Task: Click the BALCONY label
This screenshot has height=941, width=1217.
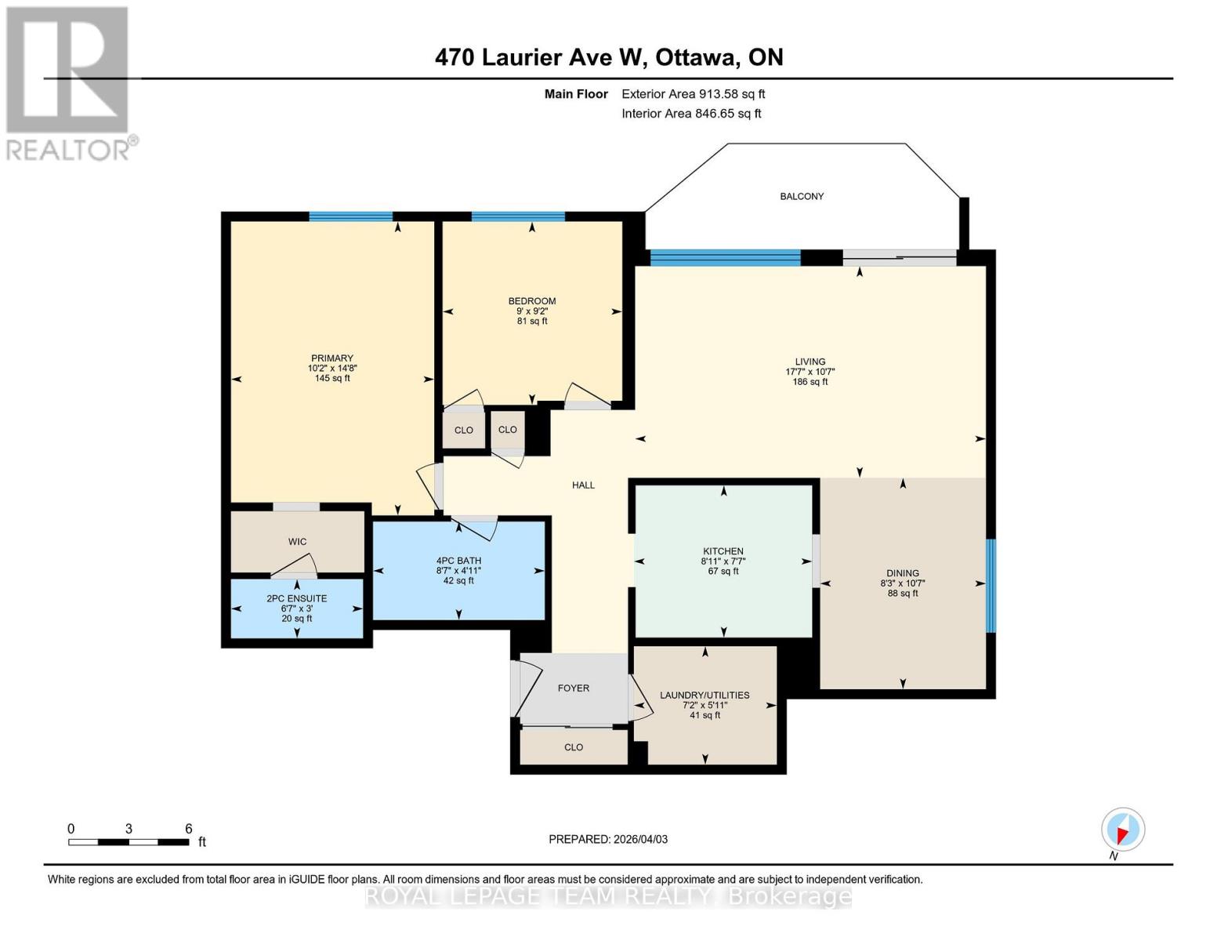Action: (802, 196)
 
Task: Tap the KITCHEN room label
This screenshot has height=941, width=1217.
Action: (723, 551)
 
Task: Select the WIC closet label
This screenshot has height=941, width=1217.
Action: (297, 542)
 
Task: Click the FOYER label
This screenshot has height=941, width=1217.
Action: (573, 688)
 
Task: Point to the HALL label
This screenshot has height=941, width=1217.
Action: (583, 485)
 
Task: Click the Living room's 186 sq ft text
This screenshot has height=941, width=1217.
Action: (810, 382)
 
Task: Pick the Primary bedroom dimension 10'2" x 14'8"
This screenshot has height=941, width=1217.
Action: (332, 368)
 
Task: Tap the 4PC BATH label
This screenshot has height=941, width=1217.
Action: (458, 561)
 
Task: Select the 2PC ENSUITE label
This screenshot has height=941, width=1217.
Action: (296, 598)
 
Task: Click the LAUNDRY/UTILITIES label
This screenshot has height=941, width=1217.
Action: (704, 695)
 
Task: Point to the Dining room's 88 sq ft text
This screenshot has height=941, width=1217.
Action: (903, 594)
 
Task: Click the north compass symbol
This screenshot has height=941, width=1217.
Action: (1122, 830)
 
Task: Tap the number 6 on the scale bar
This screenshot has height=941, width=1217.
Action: (188, 829)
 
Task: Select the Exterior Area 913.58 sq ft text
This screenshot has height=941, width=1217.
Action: (693, 94)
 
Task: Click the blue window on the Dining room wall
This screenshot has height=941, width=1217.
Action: (990, 585)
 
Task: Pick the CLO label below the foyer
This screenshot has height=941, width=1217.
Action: (573, 747)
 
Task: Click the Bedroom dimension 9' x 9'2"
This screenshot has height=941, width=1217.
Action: (532, 311)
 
